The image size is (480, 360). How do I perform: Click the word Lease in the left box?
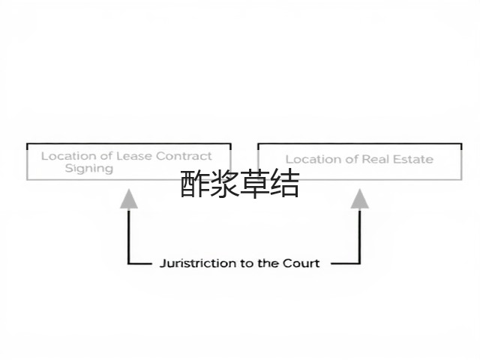coord(134,156)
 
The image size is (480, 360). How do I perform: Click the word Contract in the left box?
coord(184,156)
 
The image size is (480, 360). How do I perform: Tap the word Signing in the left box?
coord(89,169)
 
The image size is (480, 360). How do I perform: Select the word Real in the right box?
coord(375,159)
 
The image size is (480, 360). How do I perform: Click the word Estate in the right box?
coord(413,159)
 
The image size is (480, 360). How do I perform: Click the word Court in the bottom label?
coord(301,263)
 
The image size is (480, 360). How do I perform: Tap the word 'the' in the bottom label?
coord(268,263)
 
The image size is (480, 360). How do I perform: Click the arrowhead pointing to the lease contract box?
coord(129,199)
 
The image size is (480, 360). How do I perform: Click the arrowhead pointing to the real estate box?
coord(360,199)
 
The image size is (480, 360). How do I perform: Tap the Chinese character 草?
coord(255,184)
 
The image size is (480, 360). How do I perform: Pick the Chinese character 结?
coord(285,184)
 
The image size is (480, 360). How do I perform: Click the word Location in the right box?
coord(312,159)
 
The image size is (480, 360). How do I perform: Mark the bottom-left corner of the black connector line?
coord(129,263)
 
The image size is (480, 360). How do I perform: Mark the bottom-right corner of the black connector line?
coord(360,263)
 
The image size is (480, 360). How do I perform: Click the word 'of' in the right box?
coord(351,159)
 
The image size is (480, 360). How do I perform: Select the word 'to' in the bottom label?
coord(247,263)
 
